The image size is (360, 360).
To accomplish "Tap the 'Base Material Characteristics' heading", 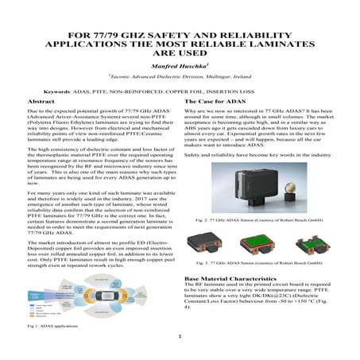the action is tap(230, 279).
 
